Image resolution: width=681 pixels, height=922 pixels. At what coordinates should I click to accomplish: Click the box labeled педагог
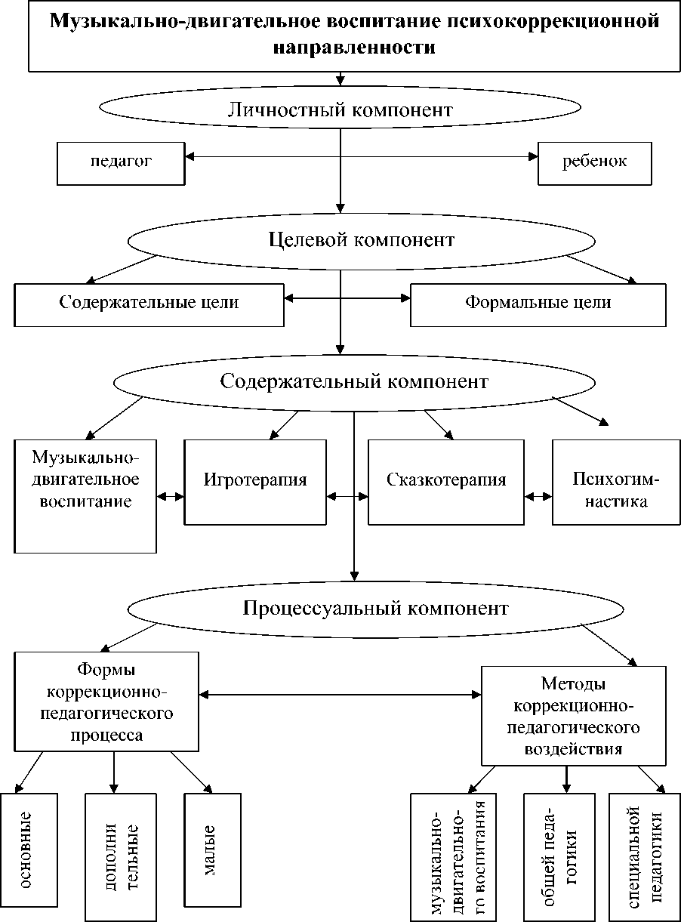121,162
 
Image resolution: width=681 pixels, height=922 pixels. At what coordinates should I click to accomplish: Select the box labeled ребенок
594,162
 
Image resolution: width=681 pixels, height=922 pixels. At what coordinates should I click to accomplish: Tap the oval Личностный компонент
340,110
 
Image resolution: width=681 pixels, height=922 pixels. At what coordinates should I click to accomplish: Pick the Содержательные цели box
149,304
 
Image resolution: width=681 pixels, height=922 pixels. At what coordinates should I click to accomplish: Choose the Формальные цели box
538,304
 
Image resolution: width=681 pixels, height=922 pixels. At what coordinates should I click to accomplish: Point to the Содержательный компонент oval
355,382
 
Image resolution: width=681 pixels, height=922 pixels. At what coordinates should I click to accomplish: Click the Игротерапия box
256,481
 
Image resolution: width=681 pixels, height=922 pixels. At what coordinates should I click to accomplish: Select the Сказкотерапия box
445,481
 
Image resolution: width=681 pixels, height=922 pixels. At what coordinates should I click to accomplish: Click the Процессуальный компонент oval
375,609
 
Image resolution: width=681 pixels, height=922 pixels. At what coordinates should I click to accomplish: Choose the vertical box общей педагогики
559,857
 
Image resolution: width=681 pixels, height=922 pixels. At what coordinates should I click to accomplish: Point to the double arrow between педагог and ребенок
361,157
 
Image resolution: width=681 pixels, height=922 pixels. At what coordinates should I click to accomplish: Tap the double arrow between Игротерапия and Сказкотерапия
347,496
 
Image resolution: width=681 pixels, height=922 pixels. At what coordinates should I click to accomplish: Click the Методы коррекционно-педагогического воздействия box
574,716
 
